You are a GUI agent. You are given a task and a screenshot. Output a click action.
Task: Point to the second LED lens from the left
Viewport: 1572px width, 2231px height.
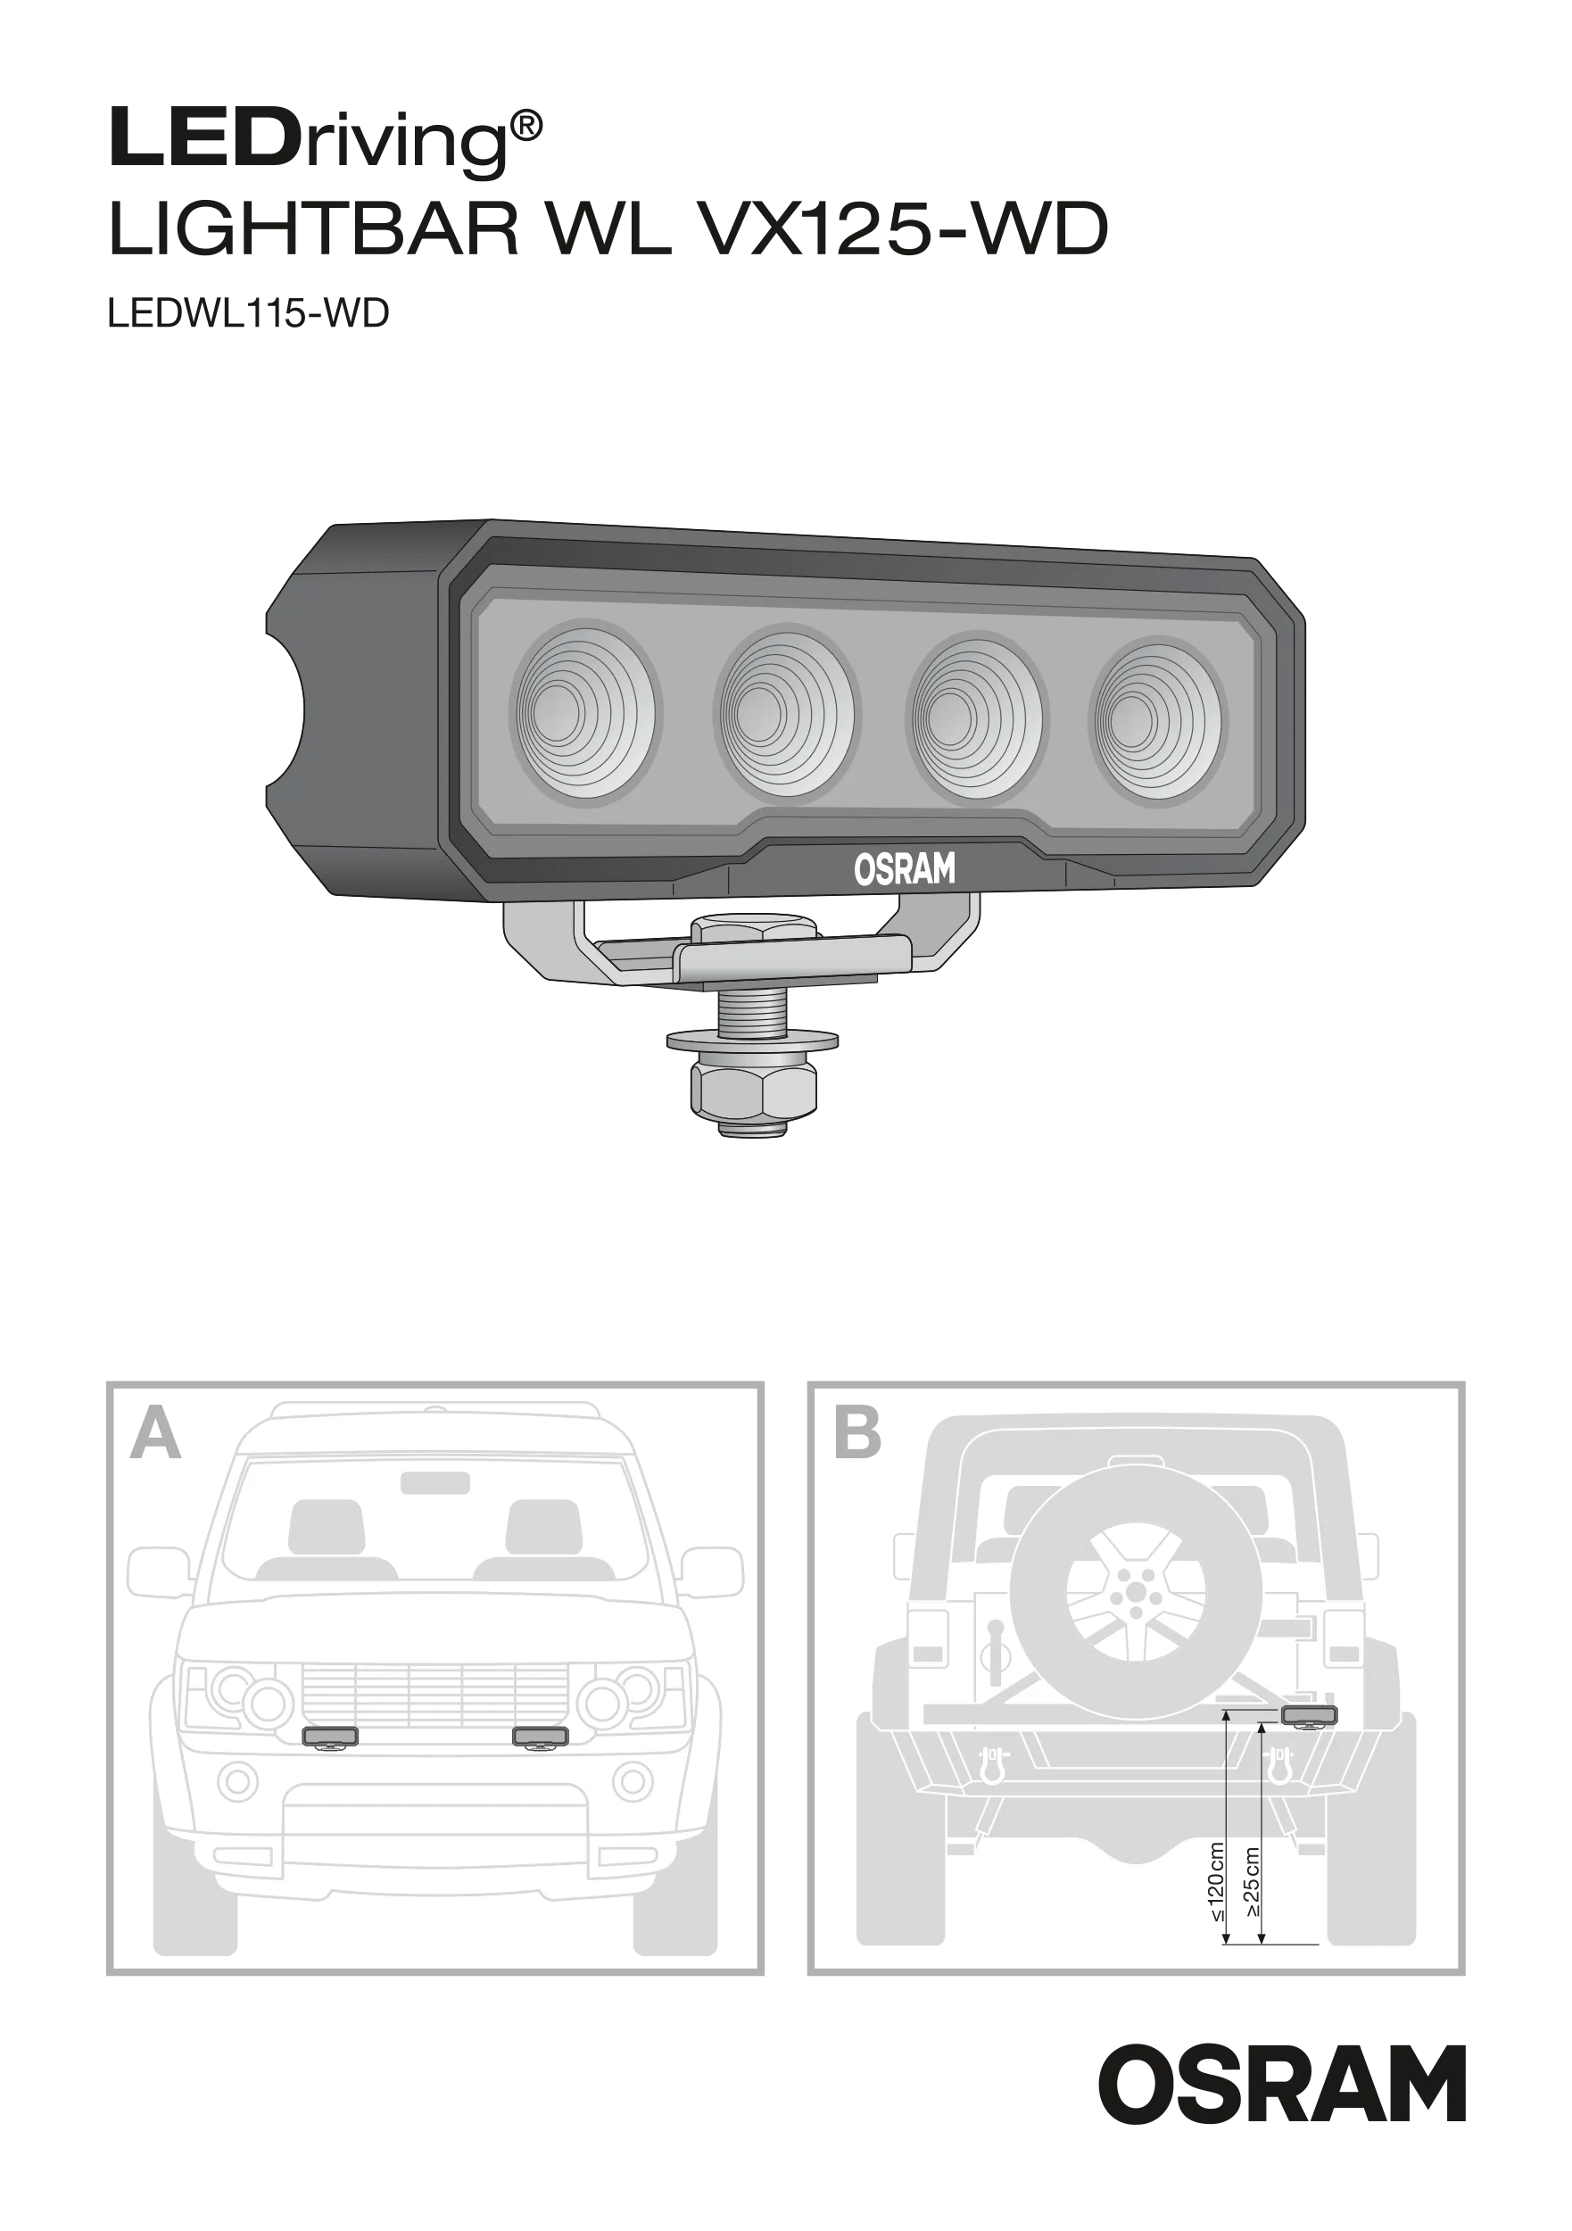pos(785,712)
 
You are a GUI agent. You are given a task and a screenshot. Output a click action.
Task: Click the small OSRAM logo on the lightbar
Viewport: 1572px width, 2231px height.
pos(904,868)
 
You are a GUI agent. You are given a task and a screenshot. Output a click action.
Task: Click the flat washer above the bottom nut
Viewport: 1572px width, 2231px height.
pos(752,1041)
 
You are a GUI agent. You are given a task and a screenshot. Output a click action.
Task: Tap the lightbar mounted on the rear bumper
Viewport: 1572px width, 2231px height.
pos(1309,1715)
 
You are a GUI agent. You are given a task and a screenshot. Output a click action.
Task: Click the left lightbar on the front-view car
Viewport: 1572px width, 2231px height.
pos(330,1738)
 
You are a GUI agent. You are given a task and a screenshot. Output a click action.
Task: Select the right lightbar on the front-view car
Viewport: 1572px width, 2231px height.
pos(540,1738)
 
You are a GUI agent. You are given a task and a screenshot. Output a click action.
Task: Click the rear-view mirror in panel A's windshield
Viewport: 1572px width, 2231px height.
pos(435,1483)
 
